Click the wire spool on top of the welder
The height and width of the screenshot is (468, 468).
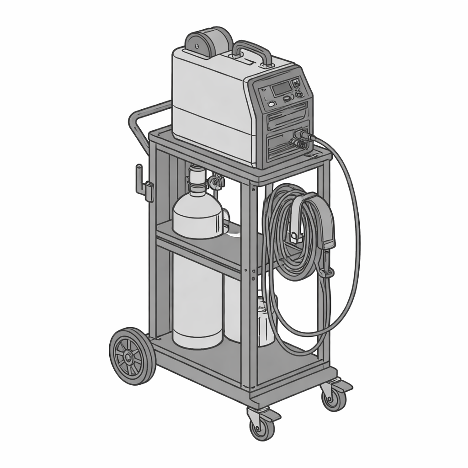click(x=208, y=42)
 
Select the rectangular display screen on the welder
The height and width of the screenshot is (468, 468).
click(x=281, y=89)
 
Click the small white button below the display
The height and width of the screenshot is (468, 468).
click(x=271, y=104)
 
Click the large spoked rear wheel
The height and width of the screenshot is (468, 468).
click(x=132, y=355)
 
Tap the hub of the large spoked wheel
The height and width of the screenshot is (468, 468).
click(x=129, y=356)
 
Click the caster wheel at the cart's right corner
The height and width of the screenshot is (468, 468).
click(x=334, y=399)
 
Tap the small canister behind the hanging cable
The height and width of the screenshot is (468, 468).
click(x=265, y=320)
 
